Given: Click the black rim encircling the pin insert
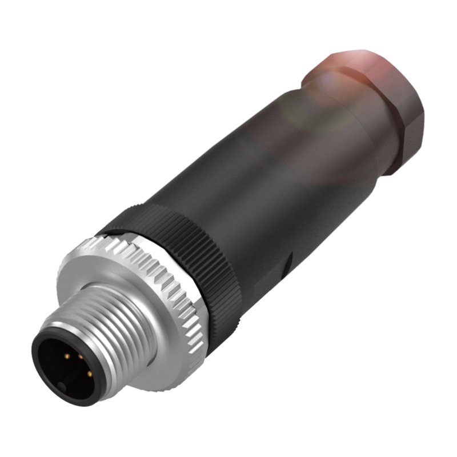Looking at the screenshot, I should [40, 366].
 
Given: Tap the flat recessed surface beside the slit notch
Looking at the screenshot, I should [268, 286].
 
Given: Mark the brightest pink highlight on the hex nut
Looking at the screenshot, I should [348, 60].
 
